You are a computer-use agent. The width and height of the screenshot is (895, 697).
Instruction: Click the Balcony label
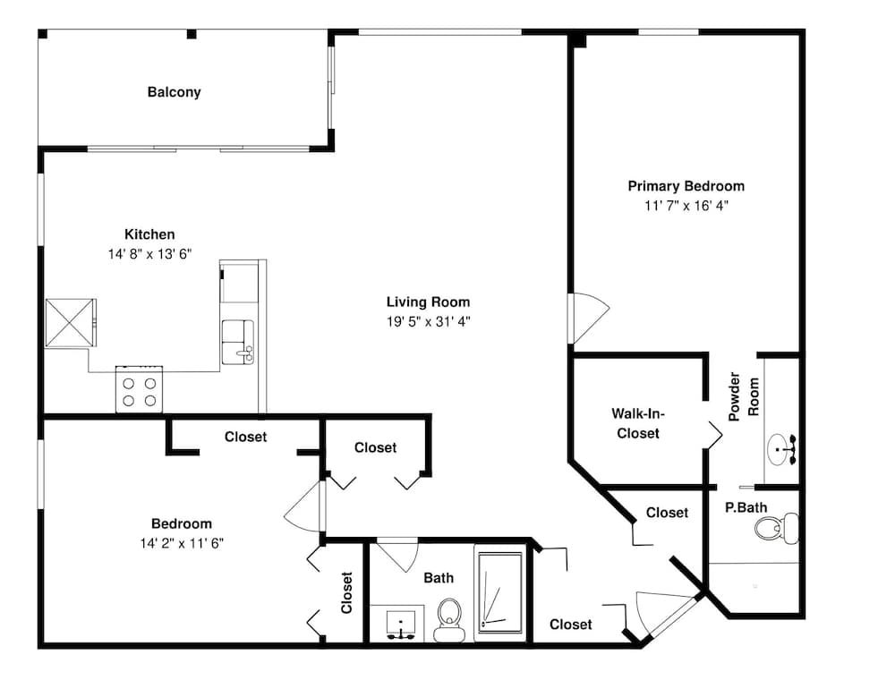point(174,92)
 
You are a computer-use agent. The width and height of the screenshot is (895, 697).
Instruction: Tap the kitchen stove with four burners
point(139,389)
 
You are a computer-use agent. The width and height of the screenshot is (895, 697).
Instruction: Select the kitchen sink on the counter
point(238,341)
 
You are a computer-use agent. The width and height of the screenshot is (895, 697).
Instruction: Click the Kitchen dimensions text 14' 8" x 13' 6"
point(149,254)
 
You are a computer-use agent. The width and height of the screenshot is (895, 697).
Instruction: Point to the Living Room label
point(428,302)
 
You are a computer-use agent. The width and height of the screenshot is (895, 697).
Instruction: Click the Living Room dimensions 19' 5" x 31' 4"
point(428,321)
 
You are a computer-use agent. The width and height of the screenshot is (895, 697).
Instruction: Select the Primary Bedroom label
point(686,186)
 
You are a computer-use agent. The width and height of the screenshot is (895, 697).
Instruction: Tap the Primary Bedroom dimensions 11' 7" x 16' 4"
point(686,205)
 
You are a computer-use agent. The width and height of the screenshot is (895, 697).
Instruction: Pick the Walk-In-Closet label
point(638,423)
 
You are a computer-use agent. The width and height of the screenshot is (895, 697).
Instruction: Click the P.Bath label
point(746,507)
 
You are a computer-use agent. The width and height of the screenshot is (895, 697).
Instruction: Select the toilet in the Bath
point(448,618)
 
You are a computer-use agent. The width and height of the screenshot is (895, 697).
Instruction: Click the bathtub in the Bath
point(499,593)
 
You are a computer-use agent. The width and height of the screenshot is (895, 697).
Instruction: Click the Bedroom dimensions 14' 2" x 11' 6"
point(181,542)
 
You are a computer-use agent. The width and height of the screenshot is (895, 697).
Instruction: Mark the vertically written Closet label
point(346,592)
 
